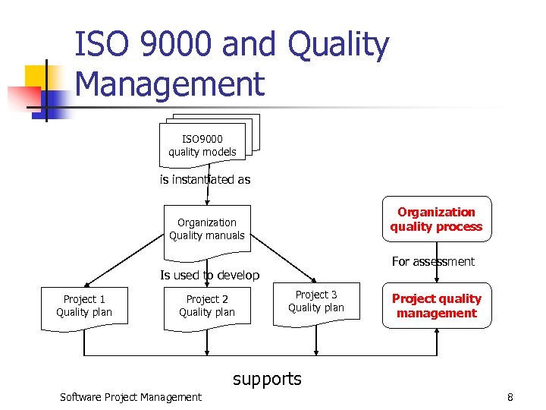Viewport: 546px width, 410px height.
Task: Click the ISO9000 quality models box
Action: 202,145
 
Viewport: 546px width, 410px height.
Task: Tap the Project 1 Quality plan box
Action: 84,306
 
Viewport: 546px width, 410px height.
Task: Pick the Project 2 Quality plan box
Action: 207,306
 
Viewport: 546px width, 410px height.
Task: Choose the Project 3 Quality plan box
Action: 316,301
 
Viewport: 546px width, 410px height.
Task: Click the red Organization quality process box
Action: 436,219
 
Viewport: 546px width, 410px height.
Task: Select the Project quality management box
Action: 436,306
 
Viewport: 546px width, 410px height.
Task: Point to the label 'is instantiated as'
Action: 205,180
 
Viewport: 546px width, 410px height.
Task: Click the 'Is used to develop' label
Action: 209,275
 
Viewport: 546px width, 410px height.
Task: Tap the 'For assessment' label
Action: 433,261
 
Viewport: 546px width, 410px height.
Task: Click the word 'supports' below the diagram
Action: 267,378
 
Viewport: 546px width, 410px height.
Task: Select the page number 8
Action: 510,396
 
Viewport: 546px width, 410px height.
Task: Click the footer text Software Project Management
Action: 130,396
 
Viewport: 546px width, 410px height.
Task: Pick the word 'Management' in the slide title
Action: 171,84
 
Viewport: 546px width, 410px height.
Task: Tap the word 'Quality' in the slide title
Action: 338,46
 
